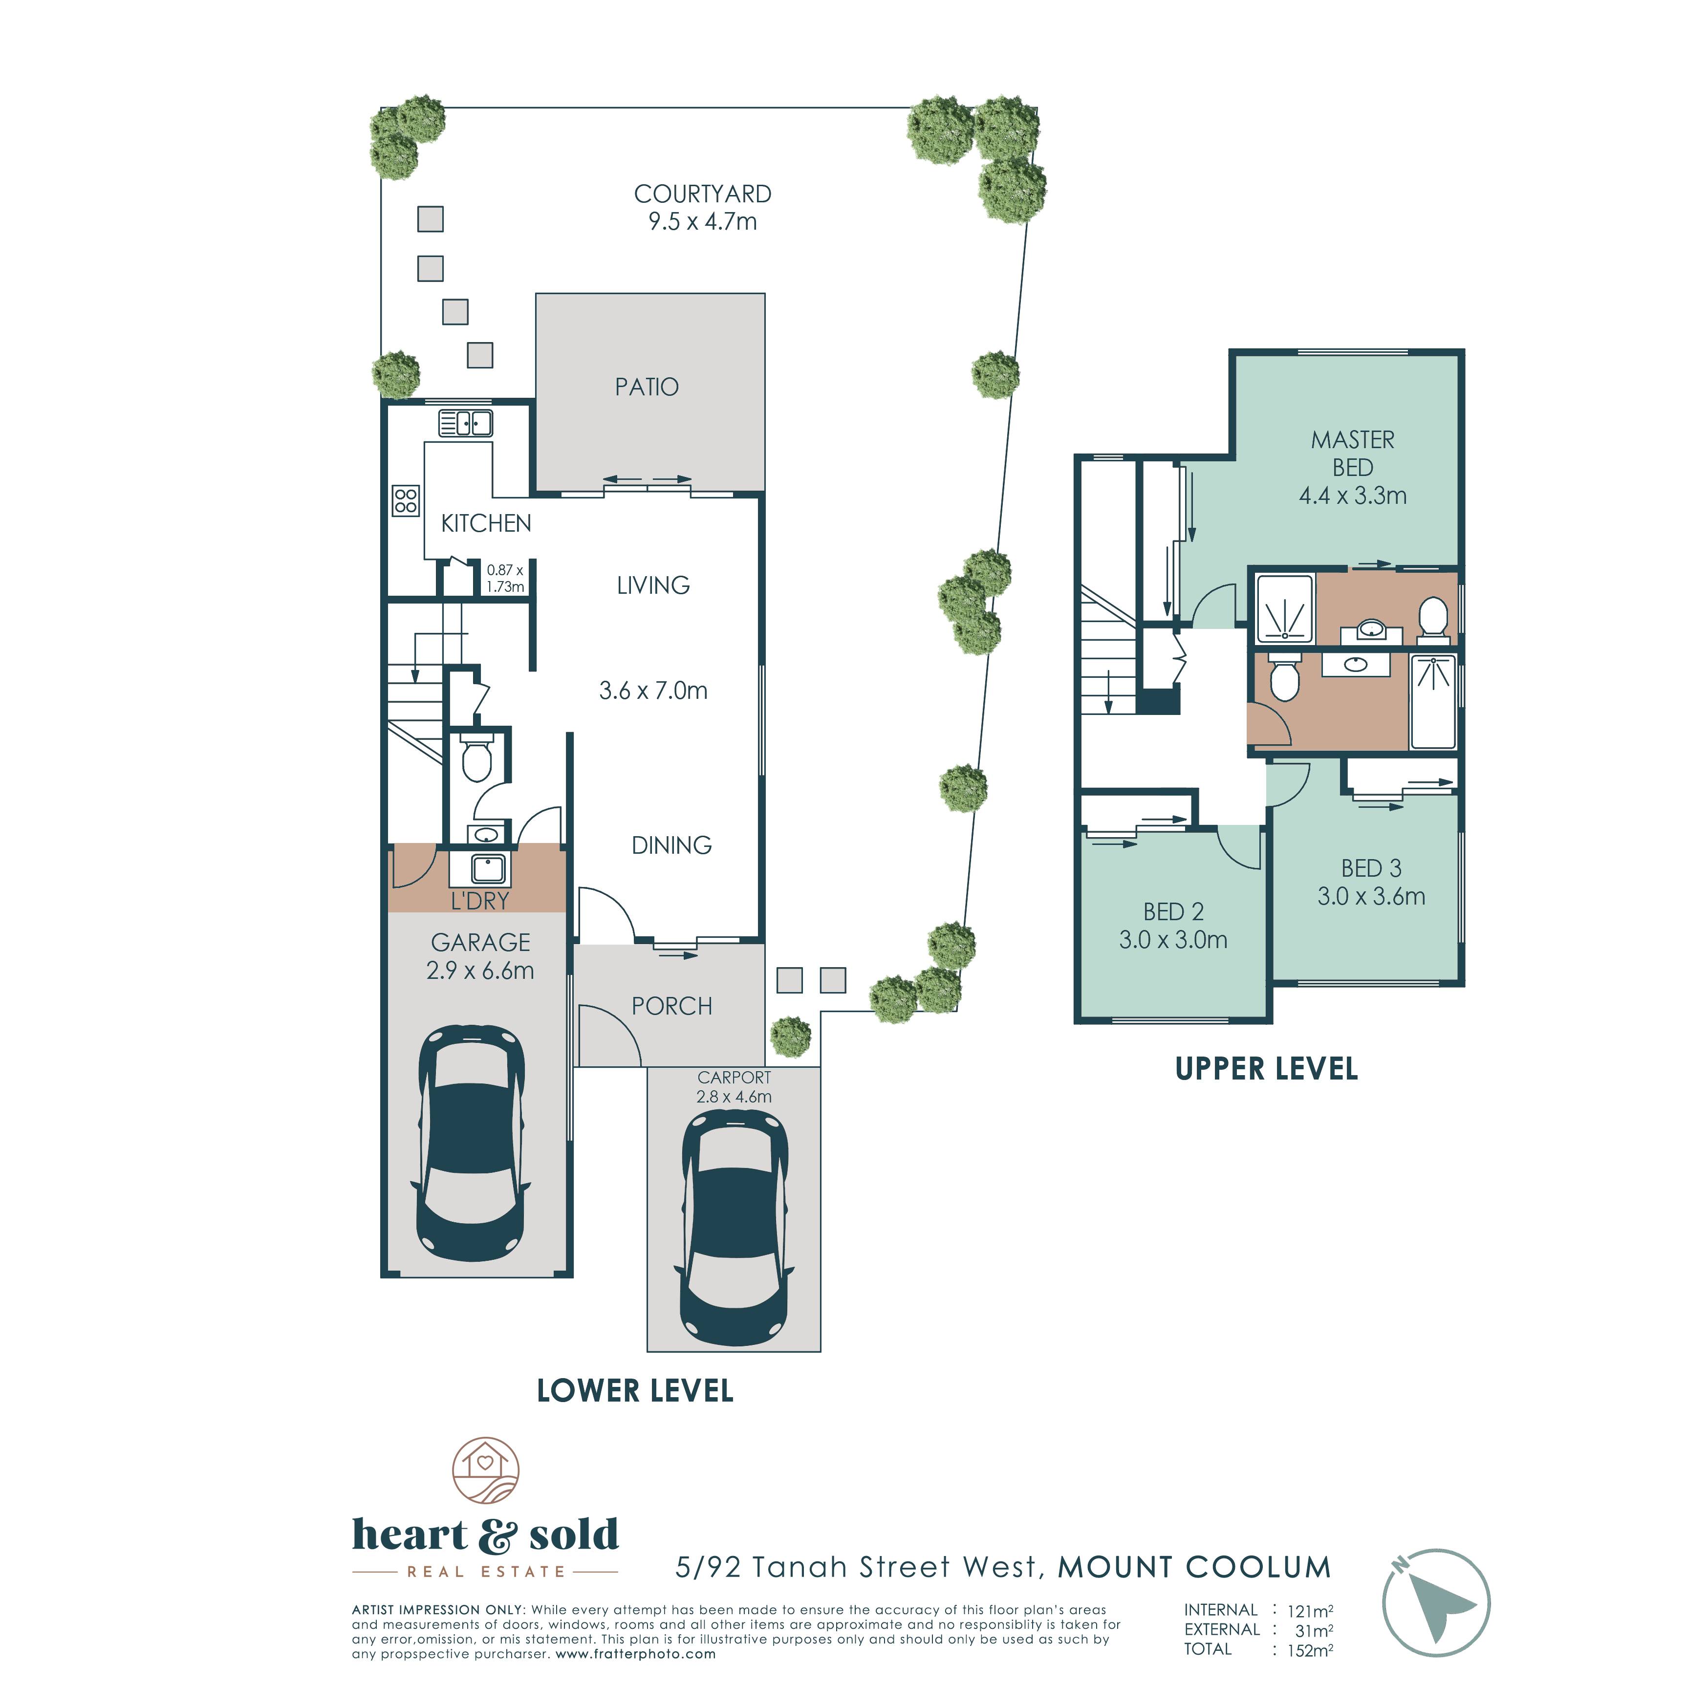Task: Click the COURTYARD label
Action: (703, 194)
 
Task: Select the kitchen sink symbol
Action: (465, 423)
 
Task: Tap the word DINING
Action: (671, 845)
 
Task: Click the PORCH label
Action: (672, 1006)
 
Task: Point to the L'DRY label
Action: (480, 901)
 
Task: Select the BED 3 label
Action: (1371, 868)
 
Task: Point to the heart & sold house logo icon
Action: (485, 1470)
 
